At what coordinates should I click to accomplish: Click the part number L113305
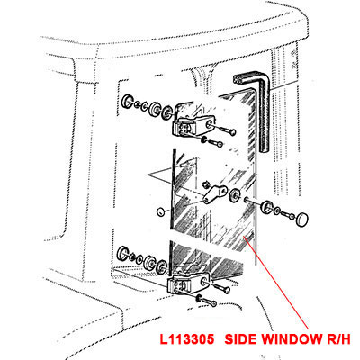coord(187,339)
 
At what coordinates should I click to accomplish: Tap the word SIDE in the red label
coord(241,339)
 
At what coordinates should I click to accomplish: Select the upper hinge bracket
coord(192,126)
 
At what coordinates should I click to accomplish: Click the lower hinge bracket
coord(188,283)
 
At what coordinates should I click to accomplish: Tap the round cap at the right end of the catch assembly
coord(302,220)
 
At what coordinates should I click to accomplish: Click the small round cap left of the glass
coord(161,211)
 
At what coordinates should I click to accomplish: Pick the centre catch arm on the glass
coord(215,194)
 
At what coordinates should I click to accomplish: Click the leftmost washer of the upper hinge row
coord(129,102)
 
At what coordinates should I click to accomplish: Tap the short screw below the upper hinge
coord(212,142)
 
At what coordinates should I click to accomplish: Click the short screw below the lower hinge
coord(207,301)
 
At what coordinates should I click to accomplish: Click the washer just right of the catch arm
coord(233,194)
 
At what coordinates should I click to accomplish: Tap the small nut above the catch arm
coord(206,184)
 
